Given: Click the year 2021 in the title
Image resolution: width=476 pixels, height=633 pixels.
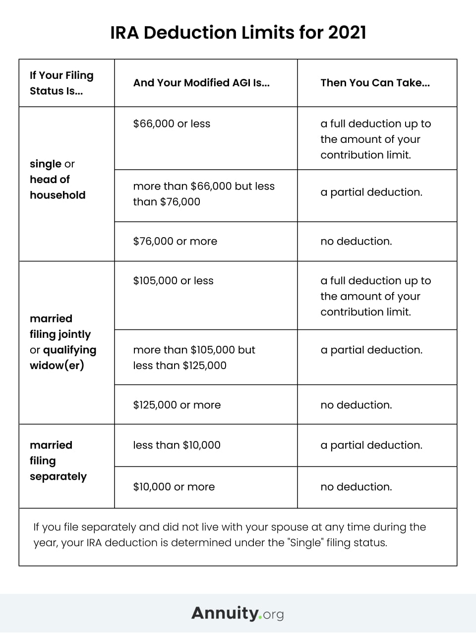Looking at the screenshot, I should point(347,33).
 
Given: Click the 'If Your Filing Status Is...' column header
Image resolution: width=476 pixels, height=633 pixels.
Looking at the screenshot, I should point(61,83).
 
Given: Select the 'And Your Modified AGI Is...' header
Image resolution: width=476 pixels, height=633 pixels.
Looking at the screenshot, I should point(201,83).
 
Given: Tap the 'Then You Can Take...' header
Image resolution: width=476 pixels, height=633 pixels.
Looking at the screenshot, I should point(375,83).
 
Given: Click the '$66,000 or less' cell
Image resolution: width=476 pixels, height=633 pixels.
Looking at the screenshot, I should point(172,124).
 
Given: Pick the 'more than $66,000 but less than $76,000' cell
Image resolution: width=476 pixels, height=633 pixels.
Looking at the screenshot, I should point(203,194).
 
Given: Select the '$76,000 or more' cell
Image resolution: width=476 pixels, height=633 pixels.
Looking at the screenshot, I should point(175,241).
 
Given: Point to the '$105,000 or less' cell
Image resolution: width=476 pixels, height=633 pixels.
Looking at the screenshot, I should point(173,280).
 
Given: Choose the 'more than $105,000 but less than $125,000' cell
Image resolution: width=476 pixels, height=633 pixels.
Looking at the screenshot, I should point(194,357).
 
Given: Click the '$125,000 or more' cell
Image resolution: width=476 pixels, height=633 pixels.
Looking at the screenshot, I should point(177,405).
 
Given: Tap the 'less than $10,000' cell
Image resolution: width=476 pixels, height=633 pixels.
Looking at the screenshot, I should point(177,445).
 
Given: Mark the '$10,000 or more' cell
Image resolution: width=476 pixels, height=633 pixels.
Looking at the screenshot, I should point(174,487).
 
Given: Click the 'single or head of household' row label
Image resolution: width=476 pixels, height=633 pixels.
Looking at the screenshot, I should point(57,179).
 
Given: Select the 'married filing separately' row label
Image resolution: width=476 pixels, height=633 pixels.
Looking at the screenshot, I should point(58,460).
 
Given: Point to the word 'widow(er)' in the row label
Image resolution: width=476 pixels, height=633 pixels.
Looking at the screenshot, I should point(57,366).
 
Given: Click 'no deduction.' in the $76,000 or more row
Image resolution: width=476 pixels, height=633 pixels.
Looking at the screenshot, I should point(356,241).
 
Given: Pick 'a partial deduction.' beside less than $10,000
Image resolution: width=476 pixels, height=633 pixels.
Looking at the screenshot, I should point(371,445).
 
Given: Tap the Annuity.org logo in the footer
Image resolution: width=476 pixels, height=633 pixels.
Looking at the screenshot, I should point(238,613).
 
